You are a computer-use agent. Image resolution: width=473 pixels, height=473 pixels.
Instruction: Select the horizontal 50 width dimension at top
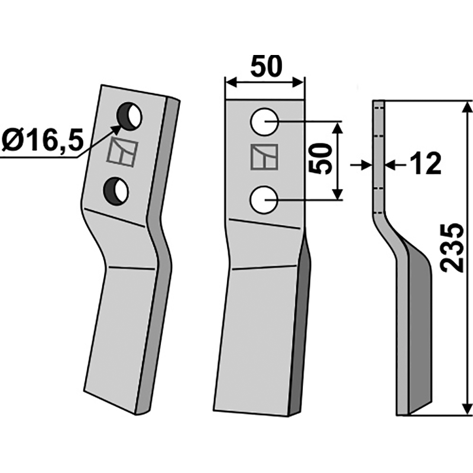tap(265, 67)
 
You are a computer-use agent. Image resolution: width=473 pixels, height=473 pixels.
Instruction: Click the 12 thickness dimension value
tap(425, 164)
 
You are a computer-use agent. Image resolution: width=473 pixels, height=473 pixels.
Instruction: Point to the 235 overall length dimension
tap(452, 247)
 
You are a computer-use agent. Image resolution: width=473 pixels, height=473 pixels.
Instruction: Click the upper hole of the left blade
tap(131, 116)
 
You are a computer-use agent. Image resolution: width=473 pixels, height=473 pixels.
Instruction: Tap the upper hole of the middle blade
tap(264, 122)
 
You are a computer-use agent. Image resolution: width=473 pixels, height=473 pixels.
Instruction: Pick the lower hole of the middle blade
tap(264, 200)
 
